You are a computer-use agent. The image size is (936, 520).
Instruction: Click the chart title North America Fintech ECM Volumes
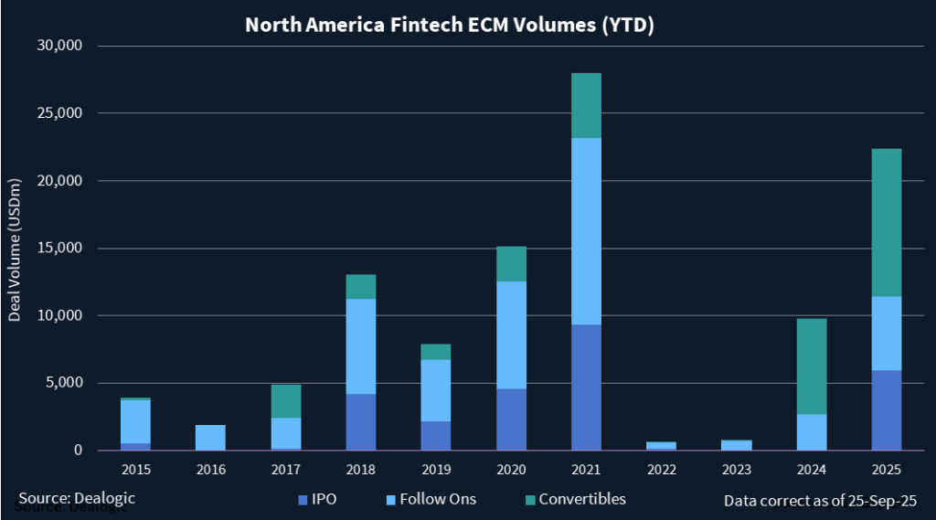449,25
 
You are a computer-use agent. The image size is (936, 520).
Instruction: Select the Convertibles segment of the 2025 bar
886,222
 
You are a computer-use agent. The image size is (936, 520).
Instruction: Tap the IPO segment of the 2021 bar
586,387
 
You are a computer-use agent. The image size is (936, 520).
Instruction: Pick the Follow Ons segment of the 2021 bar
586,231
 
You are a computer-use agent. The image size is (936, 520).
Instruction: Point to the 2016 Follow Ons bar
210,437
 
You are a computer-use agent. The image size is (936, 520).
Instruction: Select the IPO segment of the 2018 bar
361,421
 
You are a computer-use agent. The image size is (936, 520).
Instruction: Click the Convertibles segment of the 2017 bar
286,401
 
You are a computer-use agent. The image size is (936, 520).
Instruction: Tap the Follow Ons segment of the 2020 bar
511,334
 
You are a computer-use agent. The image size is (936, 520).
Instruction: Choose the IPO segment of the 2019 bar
436,435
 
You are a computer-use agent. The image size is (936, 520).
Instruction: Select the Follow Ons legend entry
431,499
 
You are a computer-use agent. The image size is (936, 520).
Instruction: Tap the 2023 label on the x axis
736,469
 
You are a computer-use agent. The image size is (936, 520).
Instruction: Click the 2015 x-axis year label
136,469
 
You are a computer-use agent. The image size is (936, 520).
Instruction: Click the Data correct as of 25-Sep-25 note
820,500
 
